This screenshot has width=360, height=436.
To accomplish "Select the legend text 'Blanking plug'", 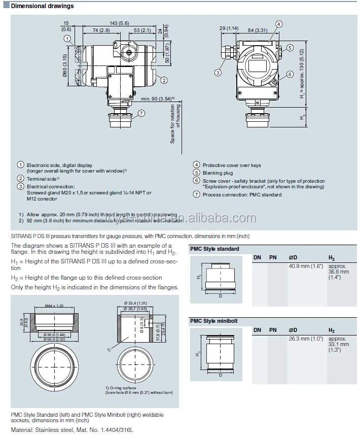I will pos(218,173).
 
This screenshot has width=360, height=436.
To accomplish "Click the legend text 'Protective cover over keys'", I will pos(232,165).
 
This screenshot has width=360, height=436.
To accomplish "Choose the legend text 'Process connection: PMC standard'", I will pos(242,194).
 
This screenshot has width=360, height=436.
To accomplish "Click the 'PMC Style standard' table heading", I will pos(214,249).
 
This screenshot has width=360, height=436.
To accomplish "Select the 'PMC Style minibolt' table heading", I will pos(214,321).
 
